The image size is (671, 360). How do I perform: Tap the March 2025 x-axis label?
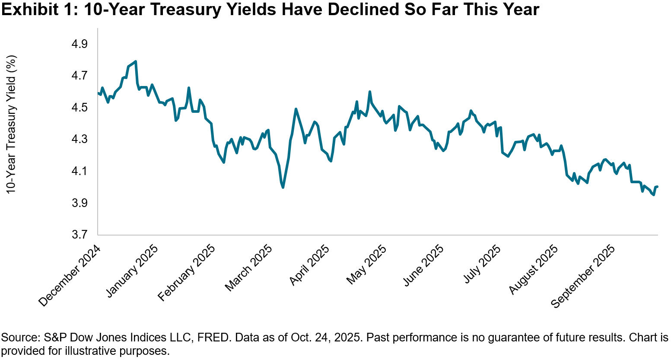(249, 268)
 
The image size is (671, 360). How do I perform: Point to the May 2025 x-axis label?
(366, 264)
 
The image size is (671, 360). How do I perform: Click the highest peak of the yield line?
(136, 61)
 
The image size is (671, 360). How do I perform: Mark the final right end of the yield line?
(657, 187)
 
